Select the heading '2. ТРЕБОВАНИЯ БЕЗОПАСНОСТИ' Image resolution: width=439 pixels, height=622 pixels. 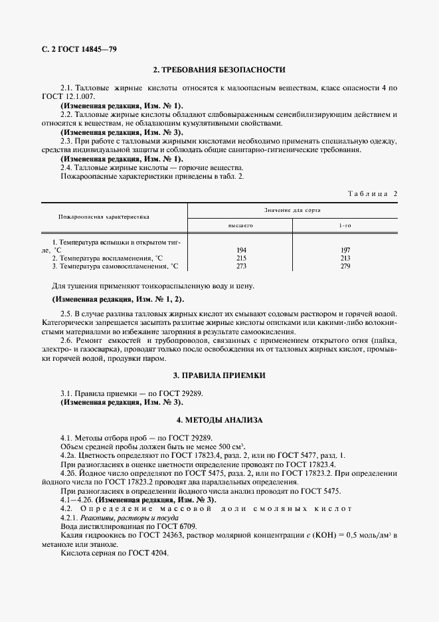219,69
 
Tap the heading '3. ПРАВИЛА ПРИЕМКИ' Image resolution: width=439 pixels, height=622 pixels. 219,375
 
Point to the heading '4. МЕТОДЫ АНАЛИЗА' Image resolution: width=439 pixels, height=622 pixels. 219,420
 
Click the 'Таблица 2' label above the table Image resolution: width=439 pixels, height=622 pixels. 372,193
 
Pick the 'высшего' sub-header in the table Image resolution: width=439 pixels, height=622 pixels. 241,226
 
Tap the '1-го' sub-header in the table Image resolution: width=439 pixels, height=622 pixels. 345,226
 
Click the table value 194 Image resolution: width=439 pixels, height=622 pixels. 242,250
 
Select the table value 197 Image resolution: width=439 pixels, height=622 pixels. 345,250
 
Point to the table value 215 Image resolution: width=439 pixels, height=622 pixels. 242,258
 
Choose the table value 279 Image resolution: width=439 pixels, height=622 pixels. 345,266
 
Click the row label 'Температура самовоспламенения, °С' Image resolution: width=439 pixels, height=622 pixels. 115,266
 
